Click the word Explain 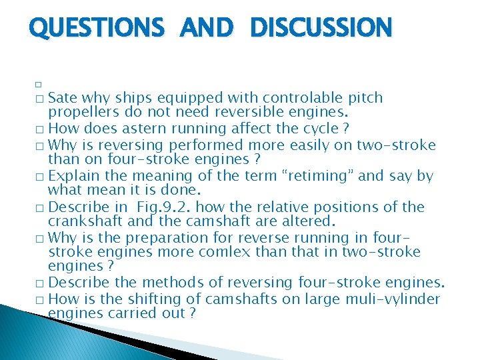point(73,177)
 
